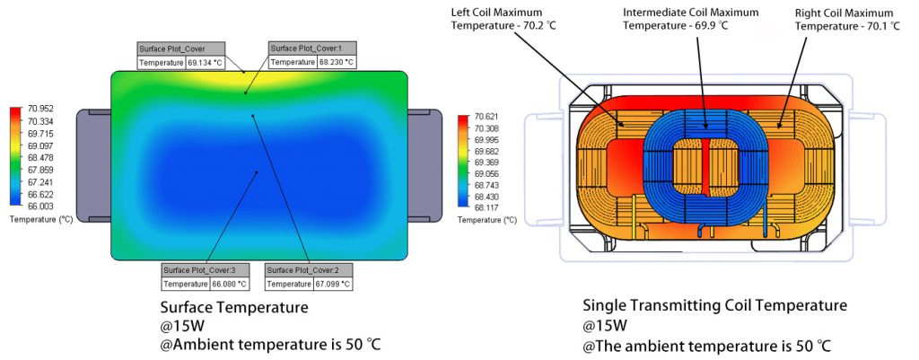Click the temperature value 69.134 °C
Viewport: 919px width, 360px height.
coord(206,63)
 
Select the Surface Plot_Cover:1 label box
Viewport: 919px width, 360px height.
coord(312,49)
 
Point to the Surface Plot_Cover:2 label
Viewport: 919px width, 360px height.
coord(310,270)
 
